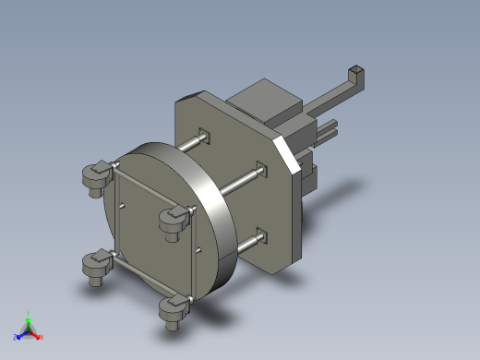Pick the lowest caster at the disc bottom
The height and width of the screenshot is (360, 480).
tap(172, 311)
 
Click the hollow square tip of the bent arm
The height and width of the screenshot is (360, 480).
tap(356, 72)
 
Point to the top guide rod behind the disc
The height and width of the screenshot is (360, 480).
tap(189, 145)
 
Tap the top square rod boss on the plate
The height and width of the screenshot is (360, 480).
tap(205, 138)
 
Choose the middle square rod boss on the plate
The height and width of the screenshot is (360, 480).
tap(262, 171)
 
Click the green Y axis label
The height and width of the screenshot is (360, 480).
tap(29, 313)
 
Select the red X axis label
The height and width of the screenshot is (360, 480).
tap(42, 337)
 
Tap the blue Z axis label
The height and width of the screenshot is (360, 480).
tap(16, 337)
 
